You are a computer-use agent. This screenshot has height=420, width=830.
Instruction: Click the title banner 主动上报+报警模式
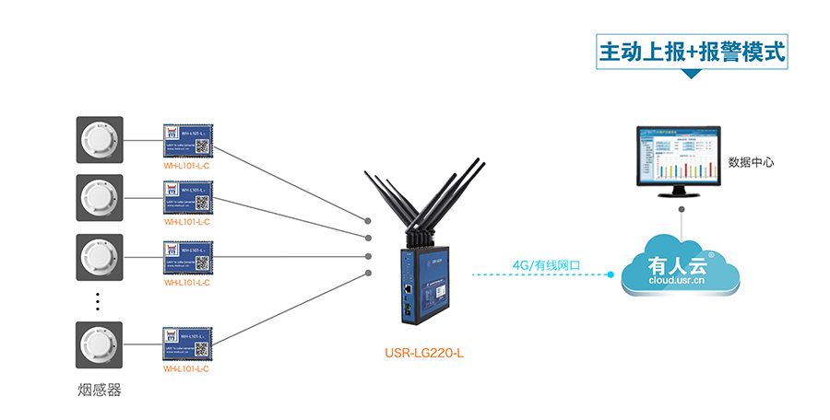coord(694,52)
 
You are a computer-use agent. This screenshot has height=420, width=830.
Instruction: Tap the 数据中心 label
coord(751,162)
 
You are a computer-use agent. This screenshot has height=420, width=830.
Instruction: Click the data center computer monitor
coord(682,157)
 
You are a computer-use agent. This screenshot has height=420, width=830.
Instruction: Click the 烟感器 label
coord(100,390)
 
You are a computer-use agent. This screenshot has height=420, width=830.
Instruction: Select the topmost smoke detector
coord(100,140)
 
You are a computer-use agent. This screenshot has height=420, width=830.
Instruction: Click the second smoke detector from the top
coord(100,197)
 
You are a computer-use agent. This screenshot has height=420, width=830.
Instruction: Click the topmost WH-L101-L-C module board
coord(187,139)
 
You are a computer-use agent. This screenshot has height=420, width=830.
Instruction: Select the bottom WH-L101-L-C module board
coord(187,344)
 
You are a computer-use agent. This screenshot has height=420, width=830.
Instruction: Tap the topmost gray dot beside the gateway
coord(368,221)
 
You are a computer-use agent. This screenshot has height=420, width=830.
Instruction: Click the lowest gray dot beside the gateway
coord(368,274)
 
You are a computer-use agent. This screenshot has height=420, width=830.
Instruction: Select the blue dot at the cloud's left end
coord(611,274)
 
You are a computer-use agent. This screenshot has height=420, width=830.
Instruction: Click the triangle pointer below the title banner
coord(693,75)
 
